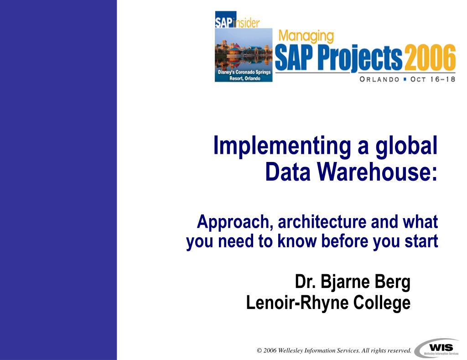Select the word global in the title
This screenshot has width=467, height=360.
coord(406,146)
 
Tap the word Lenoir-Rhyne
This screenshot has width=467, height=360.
coord(297,303)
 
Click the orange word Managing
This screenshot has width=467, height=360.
coord(306,37)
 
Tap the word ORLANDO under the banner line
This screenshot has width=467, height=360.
coord(379,79)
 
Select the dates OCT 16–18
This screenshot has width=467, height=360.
coord(433,79)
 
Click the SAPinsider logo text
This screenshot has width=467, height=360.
coord(237,22)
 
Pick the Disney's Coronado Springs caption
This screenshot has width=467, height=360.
coord(244,75)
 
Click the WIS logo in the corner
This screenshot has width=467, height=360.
coord(437,348)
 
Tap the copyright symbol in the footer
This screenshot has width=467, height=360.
coord(259,351)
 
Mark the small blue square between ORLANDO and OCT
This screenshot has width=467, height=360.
coord(405,79)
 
